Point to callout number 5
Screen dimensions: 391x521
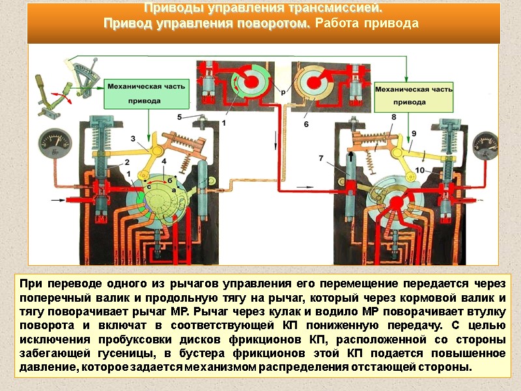click(x=180, y=116)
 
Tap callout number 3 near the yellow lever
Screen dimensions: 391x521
click(x=133, y=138)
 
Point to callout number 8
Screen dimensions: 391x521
click(x=393, y=117)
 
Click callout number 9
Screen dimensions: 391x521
click(x=412, y=133)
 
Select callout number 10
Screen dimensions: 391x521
click(x=419, y=170)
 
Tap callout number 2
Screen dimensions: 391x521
click(x=128, y=162)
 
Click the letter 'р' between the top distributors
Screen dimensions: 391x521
click(x=283, y=93)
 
